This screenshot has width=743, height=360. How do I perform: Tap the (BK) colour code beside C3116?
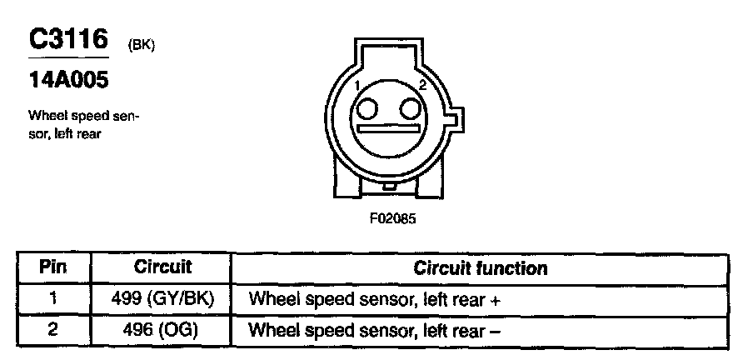[x=142, y=46]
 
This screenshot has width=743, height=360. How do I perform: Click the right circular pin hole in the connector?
[x=409, y=109]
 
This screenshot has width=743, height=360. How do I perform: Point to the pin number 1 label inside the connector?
[x=356, y=86]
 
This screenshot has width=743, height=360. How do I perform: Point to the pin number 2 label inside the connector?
[x=422, y=86]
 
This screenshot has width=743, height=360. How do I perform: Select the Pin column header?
[x=52, y=268]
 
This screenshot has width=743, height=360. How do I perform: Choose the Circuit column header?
[x=162, y=268]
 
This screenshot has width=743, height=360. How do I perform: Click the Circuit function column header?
[x=481, y=268]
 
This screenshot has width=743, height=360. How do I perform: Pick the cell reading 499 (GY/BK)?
[x=162, y=298]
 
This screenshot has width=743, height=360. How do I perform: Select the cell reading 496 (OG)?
[x=162, y=329]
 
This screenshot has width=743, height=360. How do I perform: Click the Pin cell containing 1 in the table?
[x=52, y=298]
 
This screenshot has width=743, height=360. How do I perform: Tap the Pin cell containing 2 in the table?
[x=52, y=329]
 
